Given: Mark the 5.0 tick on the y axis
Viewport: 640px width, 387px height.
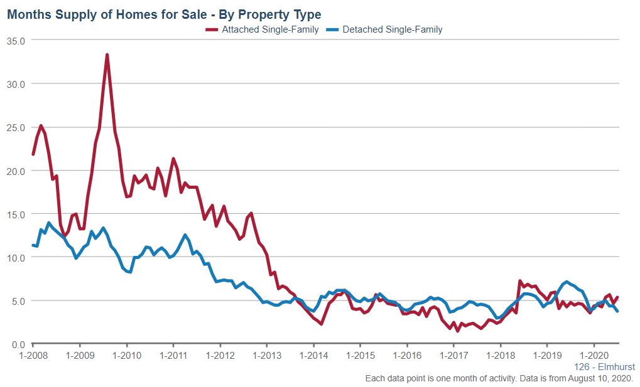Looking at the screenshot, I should pos(17,301).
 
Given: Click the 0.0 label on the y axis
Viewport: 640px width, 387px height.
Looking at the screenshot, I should pos(17,344).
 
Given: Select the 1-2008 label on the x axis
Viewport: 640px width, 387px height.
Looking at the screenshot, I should pos(33,355).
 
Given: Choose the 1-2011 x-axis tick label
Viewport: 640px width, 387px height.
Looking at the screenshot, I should pos(173,355).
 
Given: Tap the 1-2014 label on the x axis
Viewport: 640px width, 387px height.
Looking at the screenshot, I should pos(313,355).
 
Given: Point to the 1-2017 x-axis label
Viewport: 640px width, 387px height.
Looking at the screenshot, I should pos(453,355).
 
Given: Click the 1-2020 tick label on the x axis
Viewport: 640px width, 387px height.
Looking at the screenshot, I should pos(594,355).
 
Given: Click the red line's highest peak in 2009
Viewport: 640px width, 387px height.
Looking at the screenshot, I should pos(107,55).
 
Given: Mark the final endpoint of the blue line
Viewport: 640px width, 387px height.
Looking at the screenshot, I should pos(617,311).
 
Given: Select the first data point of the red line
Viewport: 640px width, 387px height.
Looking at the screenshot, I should pos(33,154).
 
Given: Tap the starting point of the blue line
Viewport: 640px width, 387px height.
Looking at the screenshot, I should pos(33,245).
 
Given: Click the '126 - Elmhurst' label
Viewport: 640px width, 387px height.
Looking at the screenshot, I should pos(604,367).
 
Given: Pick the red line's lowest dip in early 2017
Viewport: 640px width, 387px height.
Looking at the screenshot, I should pos(458,331).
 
